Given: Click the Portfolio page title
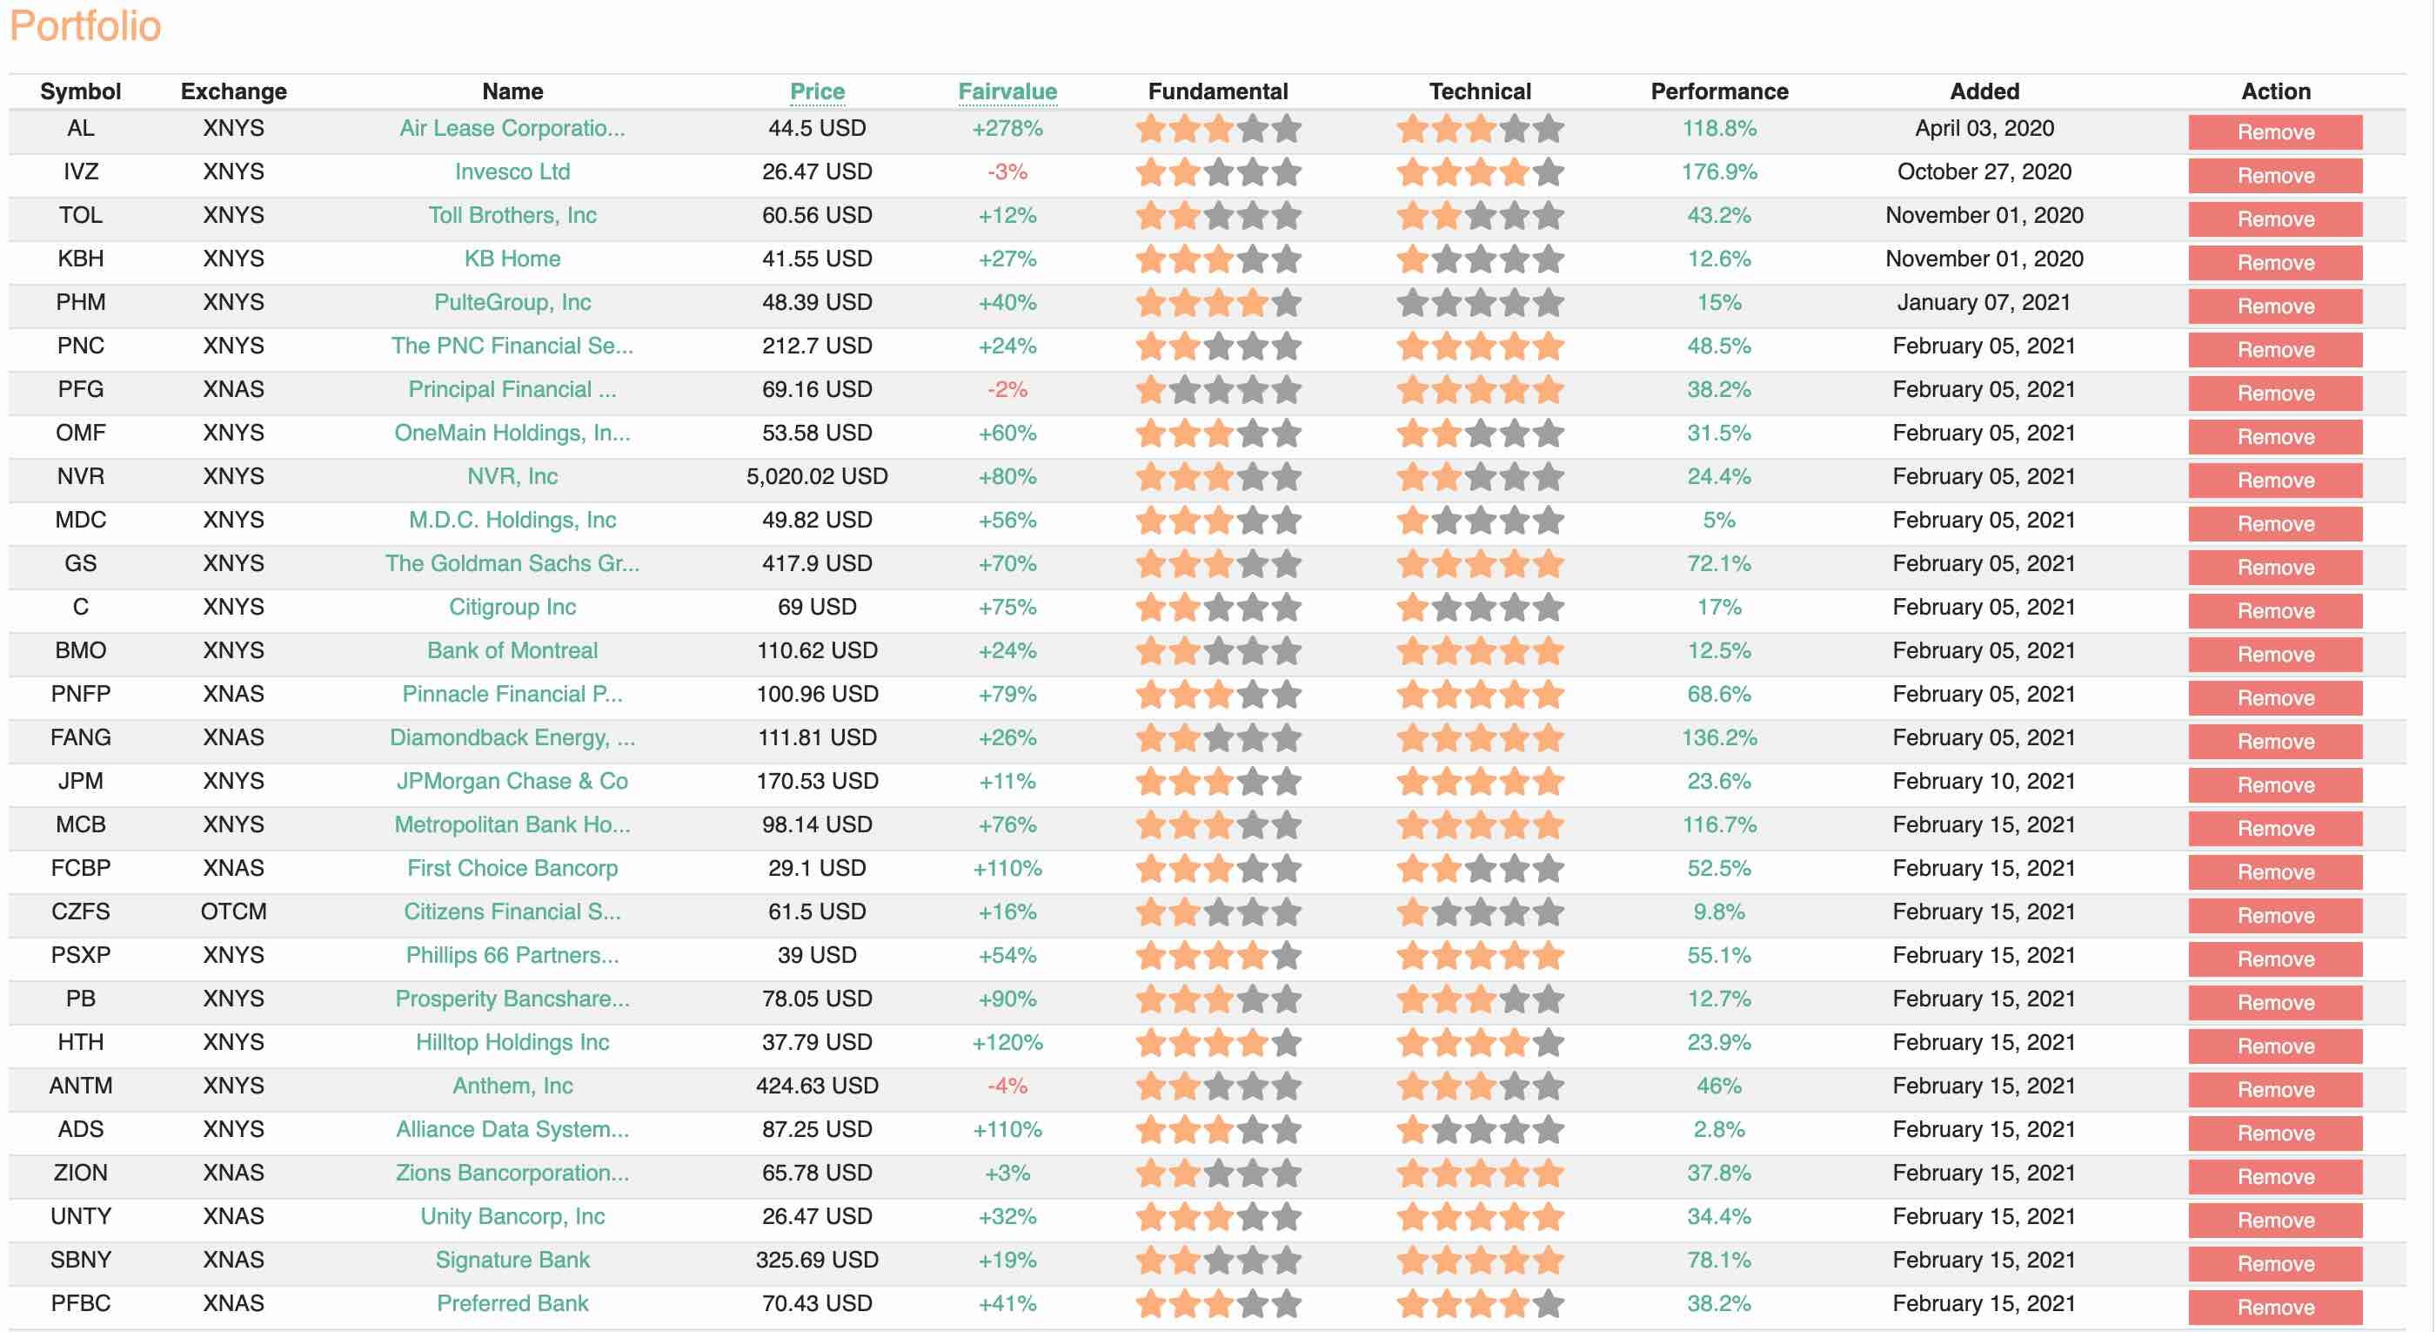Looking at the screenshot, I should click(85, 26).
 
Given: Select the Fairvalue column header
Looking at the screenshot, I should click(1007, 91).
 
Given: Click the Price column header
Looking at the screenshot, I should click(817, 91).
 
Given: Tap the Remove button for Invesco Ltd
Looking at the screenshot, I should click(2274, 176).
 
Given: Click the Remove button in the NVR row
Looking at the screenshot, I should click(2274, 481).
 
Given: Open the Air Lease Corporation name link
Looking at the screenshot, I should click(512, 129).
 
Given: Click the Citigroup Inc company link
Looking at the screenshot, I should click(512, 608).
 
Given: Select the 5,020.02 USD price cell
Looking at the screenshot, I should click(817, 477).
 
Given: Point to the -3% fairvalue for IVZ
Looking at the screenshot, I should click(1007, 172).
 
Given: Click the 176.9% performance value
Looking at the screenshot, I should click(1718, 172).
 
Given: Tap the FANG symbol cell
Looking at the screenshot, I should click(80, 738).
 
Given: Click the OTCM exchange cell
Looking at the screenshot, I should click(233, 912).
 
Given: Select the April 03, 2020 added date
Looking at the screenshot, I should click(1984, 129).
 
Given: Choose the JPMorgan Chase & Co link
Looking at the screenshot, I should click(512, 782).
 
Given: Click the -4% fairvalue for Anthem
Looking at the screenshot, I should click(1007, 1086).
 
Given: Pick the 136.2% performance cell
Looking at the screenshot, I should click(1718, 738).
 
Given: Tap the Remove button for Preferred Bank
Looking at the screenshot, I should click(2274, 1308).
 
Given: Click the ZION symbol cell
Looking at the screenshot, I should click(80, 1173).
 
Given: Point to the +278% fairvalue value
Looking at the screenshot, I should click(1007, 129).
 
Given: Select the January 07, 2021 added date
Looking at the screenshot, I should click(1984, 303).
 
